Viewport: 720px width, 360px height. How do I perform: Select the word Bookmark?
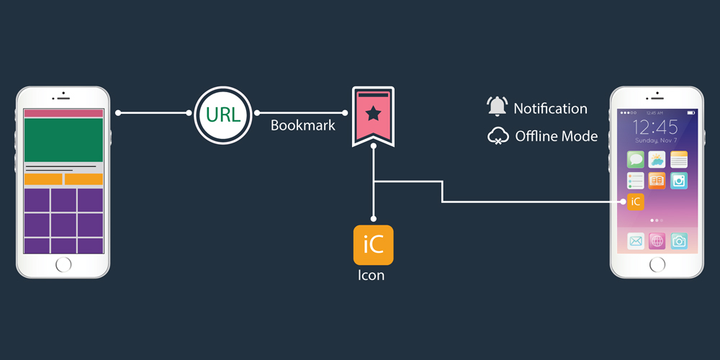[303, 125]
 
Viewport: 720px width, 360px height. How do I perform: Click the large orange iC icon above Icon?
[373, 246]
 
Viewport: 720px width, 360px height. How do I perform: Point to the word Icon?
[372, 275]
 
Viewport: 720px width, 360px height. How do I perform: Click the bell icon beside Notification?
[498, 107]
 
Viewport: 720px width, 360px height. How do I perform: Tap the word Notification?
[550, 109]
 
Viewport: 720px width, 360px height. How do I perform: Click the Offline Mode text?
[556, 136]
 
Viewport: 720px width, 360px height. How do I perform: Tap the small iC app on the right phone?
[635, 202]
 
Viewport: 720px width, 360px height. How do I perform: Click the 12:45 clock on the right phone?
[656, 128]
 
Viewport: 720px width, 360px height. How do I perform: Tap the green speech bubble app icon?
[635, 159]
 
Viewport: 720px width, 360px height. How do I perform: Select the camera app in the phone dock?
[678, 241]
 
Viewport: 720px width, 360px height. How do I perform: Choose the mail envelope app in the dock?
[635, 241]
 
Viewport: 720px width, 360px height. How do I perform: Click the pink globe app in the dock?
[657, 241]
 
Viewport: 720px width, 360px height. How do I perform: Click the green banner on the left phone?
[63, 140]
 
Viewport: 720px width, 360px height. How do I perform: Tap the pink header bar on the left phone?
[63, 113]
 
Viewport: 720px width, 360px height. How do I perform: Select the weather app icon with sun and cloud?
[657, 159]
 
